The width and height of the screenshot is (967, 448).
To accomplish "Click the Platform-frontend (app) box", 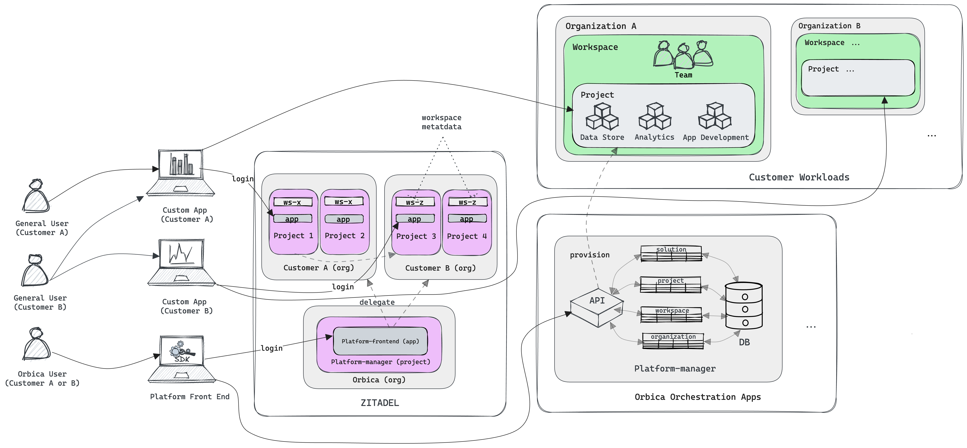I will click(380, 341).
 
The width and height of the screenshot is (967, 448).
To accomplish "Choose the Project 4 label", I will click(467, 236).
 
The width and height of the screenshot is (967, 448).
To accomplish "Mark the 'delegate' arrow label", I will click(377, 302).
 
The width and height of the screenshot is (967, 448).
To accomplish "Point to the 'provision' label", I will click(589, 255).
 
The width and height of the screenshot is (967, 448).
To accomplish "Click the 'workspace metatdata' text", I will click(442, 122).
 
